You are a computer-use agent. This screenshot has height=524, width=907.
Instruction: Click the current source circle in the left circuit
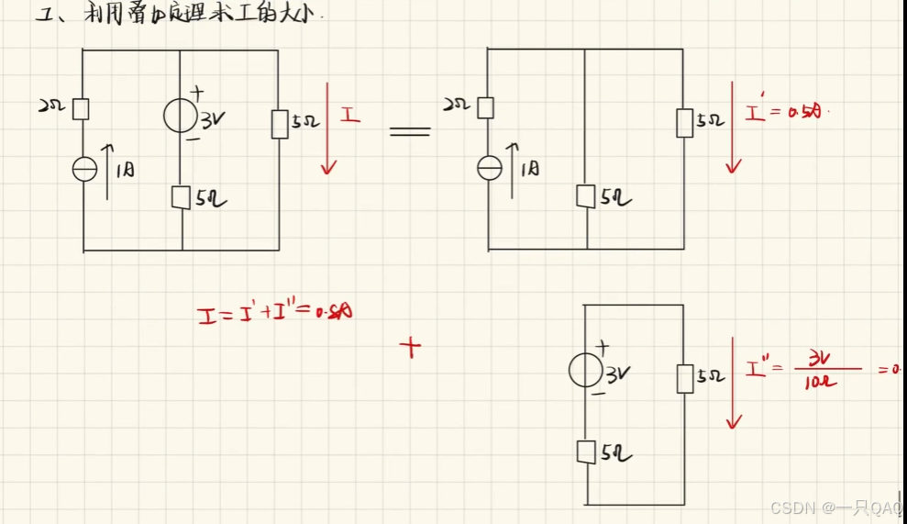(84, 169)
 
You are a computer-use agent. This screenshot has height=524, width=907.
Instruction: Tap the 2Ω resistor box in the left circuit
(81, 109)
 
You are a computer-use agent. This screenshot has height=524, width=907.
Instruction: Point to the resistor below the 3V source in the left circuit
(181, 196)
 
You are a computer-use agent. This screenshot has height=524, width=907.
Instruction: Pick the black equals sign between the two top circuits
(409, 131)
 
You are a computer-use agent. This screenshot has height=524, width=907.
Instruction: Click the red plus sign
(411, 346)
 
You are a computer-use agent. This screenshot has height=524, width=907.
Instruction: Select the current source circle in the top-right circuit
(491, 167)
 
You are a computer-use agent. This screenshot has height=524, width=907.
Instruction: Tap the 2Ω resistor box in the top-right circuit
(486, 107)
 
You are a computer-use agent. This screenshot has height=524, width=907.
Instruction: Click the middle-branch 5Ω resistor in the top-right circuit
(585, 195)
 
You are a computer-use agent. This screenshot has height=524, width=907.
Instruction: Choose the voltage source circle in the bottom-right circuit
(585, 370)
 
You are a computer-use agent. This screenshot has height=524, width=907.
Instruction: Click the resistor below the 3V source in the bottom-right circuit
(585, 452)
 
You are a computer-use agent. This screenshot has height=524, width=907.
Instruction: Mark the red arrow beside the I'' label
(733, 383)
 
